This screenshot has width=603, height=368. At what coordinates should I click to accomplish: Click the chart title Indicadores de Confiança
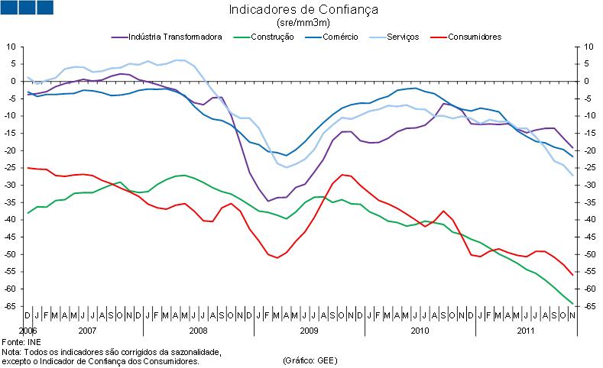click(303, 10)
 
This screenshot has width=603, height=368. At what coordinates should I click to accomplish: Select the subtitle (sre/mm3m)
click(303, 23)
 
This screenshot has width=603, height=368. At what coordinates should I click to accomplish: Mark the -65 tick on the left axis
click(11, 306)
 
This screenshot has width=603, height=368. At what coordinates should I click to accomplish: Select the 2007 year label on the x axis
click(87, 330)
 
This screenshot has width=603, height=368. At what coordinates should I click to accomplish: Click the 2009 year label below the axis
click(309, 330)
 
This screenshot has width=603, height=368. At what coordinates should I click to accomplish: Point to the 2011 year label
click(524, 330)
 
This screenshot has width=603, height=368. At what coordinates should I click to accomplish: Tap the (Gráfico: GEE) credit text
click(309, 360)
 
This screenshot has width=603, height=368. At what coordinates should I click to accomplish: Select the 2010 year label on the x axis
click(420, 330)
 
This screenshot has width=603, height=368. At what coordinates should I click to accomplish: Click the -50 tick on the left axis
click(11, 254)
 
